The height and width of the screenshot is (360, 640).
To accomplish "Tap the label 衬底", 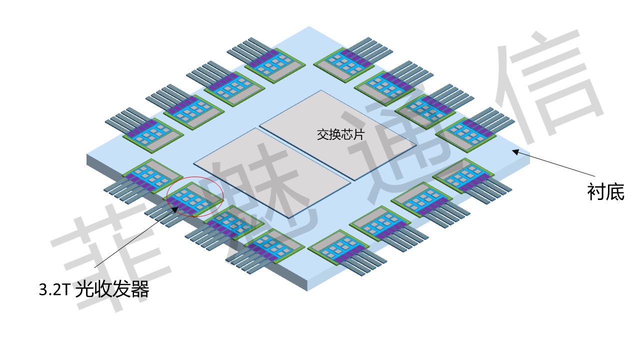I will [x=606, y=192].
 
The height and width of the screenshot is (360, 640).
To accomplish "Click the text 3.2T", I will [x=55, y=290].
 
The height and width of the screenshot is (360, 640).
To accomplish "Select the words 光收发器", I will [x=112, y=290].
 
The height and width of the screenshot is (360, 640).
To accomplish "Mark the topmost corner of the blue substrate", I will [x=309, y=26].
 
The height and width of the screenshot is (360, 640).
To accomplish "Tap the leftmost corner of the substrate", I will [x=87, y=155].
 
